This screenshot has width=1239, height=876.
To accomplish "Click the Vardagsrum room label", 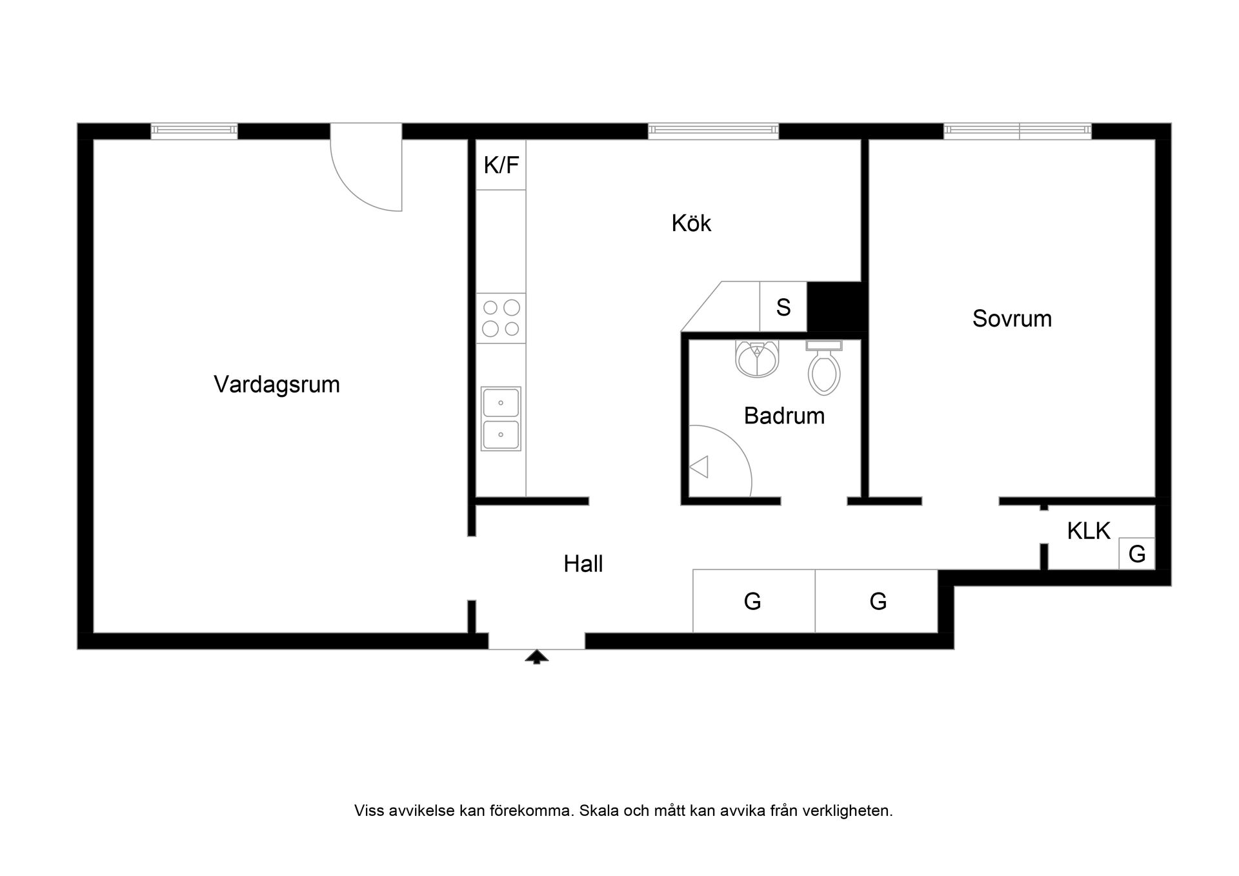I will coord(276,385).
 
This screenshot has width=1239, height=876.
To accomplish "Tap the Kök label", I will coord(690,223).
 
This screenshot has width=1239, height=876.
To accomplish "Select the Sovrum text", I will coord(1011,319).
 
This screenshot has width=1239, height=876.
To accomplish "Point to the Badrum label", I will coord(783,416).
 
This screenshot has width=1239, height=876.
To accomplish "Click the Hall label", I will coord(583,564).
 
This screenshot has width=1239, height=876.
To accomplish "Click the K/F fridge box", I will coord(501,165).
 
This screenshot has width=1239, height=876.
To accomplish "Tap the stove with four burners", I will coord(501,318).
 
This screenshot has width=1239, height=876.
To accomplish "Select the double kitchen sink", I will coord(501,418).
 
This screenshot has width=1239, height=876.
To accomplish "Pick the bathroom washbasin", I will coord(756,360).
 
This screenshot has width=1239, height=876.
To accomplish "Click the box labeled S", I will coord(783,307).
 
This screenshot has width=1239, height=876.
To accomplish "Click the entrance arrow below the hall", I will coord(536,657).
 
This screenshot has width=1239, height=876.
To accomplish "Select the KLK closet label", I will coord(1088,531).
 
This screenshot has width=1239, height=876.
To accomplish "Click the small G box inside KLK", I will coord(1136,554).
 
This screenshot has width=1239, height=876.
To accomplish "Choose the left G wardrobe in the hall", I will coord(753,602).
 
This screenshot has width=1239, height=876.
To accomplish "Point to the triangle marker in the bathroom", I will coord(700,467).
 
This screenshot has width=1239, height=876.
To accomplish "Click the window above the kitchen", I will coord(713,131).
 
